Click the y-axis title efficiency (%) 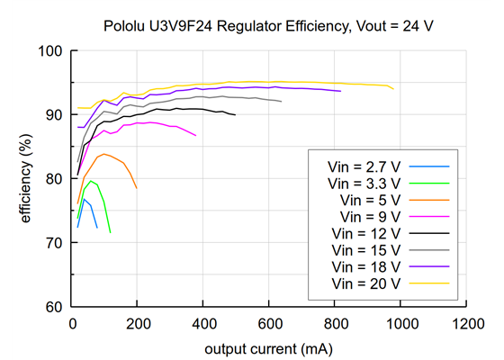pos(27,178)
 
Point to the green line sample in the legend pos(429,183)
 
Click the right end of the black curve pos(236,115)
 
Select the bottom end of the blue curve pos(96,228)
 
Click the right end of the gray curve pos(282,102)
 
